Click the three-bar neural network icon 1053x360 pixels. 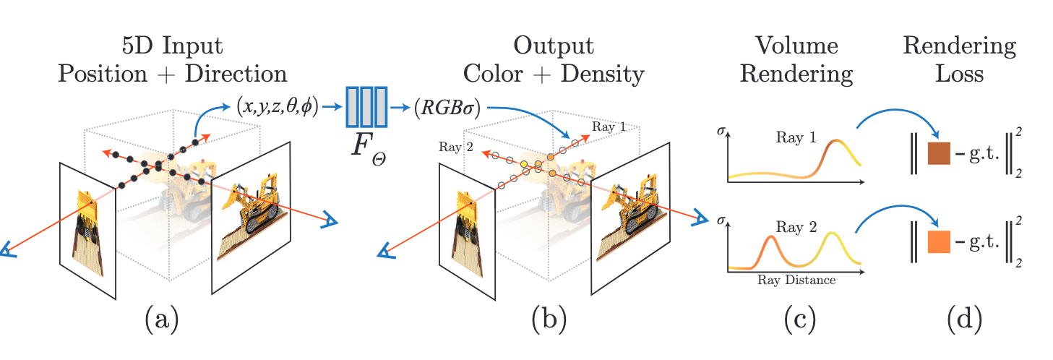(367, 107)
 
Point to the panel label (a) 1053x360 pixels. (161, 318)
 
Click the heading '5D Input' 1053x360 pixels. (173, 46)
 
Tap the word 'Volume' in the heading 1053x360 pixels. (797, 46)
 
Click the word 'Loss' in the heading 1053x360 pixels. (959, 74)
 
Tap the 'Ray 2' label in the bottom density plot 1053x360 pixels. (796, 227)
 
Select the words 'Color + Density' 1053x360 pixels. (554, 74)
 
